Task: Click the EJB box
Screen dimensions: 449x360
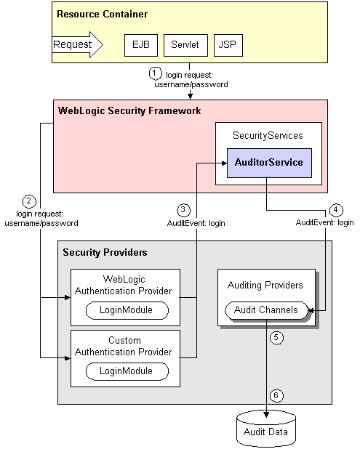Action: coord(140,45)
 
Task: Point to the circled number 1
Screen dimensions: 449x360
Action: coord(154,73)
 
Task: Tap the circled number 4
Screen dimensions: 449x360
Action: coord(335,209)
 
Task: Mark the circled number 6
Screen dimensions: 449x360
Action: coord(276,395)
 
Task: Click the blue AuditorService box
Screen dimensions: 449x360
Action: coord(269,162)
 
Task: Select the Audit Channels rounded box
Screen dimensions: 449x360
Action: coord(266,310)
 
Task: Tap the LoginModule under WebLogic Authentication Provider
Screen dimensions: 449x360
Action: coord(128,310)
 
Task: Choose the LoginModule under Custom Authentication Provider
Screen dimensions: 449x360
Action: coord(128,371)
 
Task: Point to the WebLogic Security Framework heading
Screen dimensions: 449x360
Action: coord(129,111)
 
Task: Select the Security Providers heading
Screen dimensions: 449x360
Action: coord(105,252)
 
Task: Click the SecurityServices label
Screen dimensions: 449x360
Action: coord(268,136)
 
